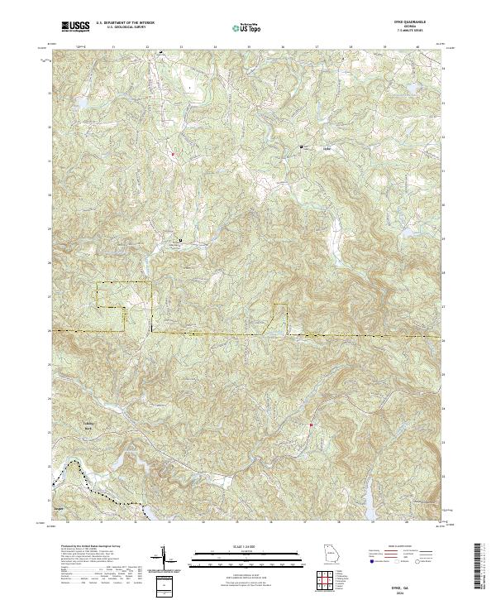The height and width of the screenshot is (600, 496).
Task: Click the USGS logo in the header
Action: tap(75, 26)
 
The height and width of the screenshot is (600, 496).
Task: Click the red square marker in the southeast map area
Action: tap(311, 425)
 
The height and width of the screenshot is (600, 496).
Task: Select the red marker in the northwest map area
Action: tap(173, 155)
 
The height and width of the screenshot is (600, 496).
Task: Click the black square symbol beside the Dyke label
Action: tap(301, 147)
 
